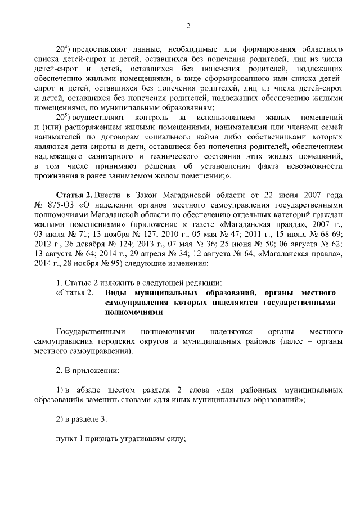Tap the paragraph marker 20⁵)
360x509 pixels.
(x=62, y=117)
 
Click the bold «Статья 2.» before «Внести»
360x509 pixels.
(x=75, y=195)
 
